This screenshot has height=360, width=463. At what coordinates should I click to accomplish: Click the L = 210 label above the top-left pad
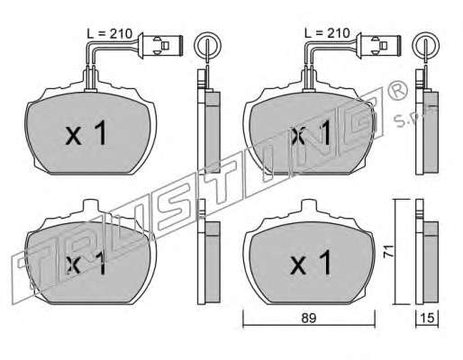[110, 33]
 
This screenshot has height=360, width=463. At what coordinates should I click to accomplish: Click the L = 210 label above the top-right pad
[327, 33]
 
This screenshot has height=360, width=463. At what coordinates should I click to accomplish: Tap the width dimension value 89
[309, 319]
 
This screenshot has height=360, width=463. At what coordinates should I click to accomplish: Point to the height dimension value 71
[388, 251]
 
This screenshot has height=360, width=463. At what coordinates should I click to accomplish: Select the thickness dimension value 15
[428, 319]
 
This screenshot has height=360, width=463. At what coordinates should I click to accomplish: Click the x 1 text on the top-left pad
[86, 132]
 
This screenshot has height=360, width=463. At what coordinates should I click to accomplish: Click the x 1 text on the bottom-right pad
[311, 263]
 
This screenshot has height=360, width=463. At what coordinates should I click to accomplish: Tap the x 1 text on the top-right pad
[311, 132]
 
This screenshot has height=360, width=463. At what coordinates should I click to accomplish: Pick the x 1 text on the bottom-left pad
[86, 263]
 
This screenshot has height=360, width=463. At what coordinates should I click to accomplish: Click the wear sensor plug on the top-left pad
[160, 45]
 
